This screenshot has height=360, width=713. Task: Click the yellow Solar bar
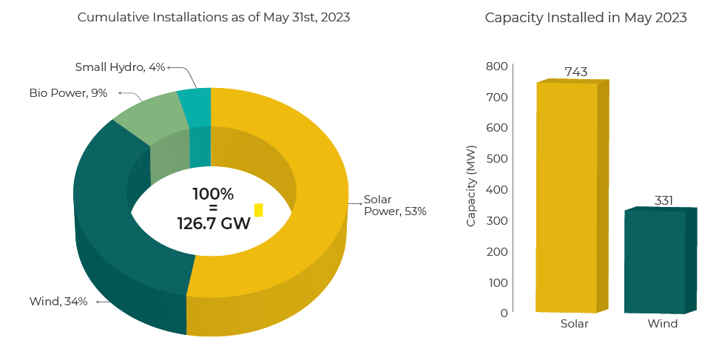(567, 197)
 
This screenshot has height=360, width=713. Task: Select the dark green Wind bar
(655, 262)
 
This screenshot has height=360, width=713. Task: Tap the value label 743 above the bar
(575, 72)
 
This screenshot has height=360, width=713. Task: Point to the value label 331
(663, 200)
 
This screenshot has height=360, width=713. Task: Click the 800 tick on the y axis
(496, 67)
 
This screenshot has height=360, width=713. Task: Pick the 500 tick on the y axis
(496, 159)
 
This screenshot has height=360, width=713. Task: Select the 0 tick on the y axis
(504, 313)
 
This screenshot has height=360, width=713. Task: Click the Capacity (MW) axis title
(471, 186)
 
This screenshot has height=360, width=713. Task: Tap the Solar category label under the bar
(574, 324)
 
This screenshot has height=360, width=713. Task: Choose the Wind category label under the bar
(662, 324)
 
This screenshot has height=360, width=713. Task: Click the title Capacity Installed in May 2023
(586, 18)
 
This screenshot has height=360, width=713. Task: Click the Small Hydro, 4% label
(120, 67)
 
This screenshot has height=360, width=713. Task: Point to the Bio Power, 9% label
(68, 93)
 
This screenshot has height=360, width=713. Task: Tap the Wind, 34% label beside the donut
(58, 301)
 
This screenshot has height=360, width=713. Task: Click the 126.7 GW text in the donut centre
(214, 222)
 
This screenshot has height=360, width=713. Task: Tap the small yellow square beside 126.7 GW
(258, 210)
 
